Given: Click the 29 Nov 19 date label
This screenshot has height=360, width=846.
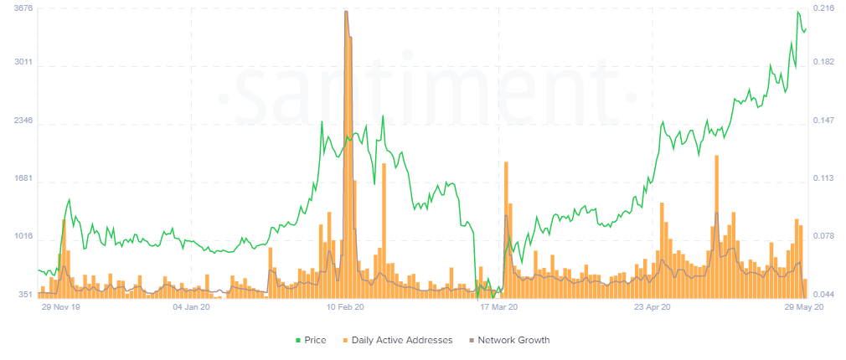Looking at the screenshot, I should pyautogui.click(x=61, y=307).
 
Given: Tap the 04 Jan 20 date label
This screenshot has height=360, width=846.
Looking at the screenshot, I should pyautogui.click(x=191, y=307).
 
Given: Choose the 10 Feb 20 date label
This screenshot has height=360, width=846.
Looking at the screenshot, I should pyautogui.click(x=345, y=307).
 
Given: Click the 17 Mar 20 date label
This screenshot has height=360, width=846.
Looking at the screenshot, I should pyautogui.click(x=499, y=307).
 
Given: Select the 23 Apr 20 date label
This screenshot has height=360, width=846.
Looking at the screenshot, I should pyautogui.click(x=653, y=307).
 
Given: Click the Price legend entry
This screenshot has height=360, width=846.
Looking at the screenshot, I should pyautogui.click(x=310, y=340).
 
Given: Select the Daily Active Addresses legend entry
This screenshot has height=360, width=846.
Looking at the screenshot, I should pyautogui.click(x=395, y=340).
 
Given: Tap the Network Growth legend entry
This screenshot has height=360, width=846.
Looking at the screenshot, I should pyautogui.click(x=508, y=340).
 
